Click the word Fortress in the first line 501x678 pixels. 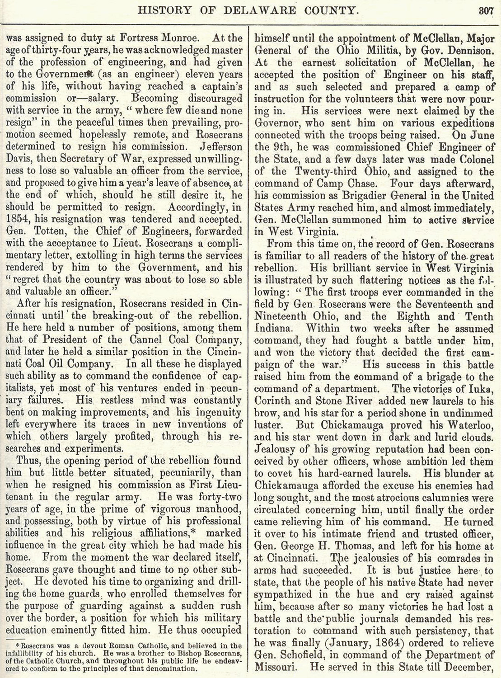(x=154, y=39)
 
